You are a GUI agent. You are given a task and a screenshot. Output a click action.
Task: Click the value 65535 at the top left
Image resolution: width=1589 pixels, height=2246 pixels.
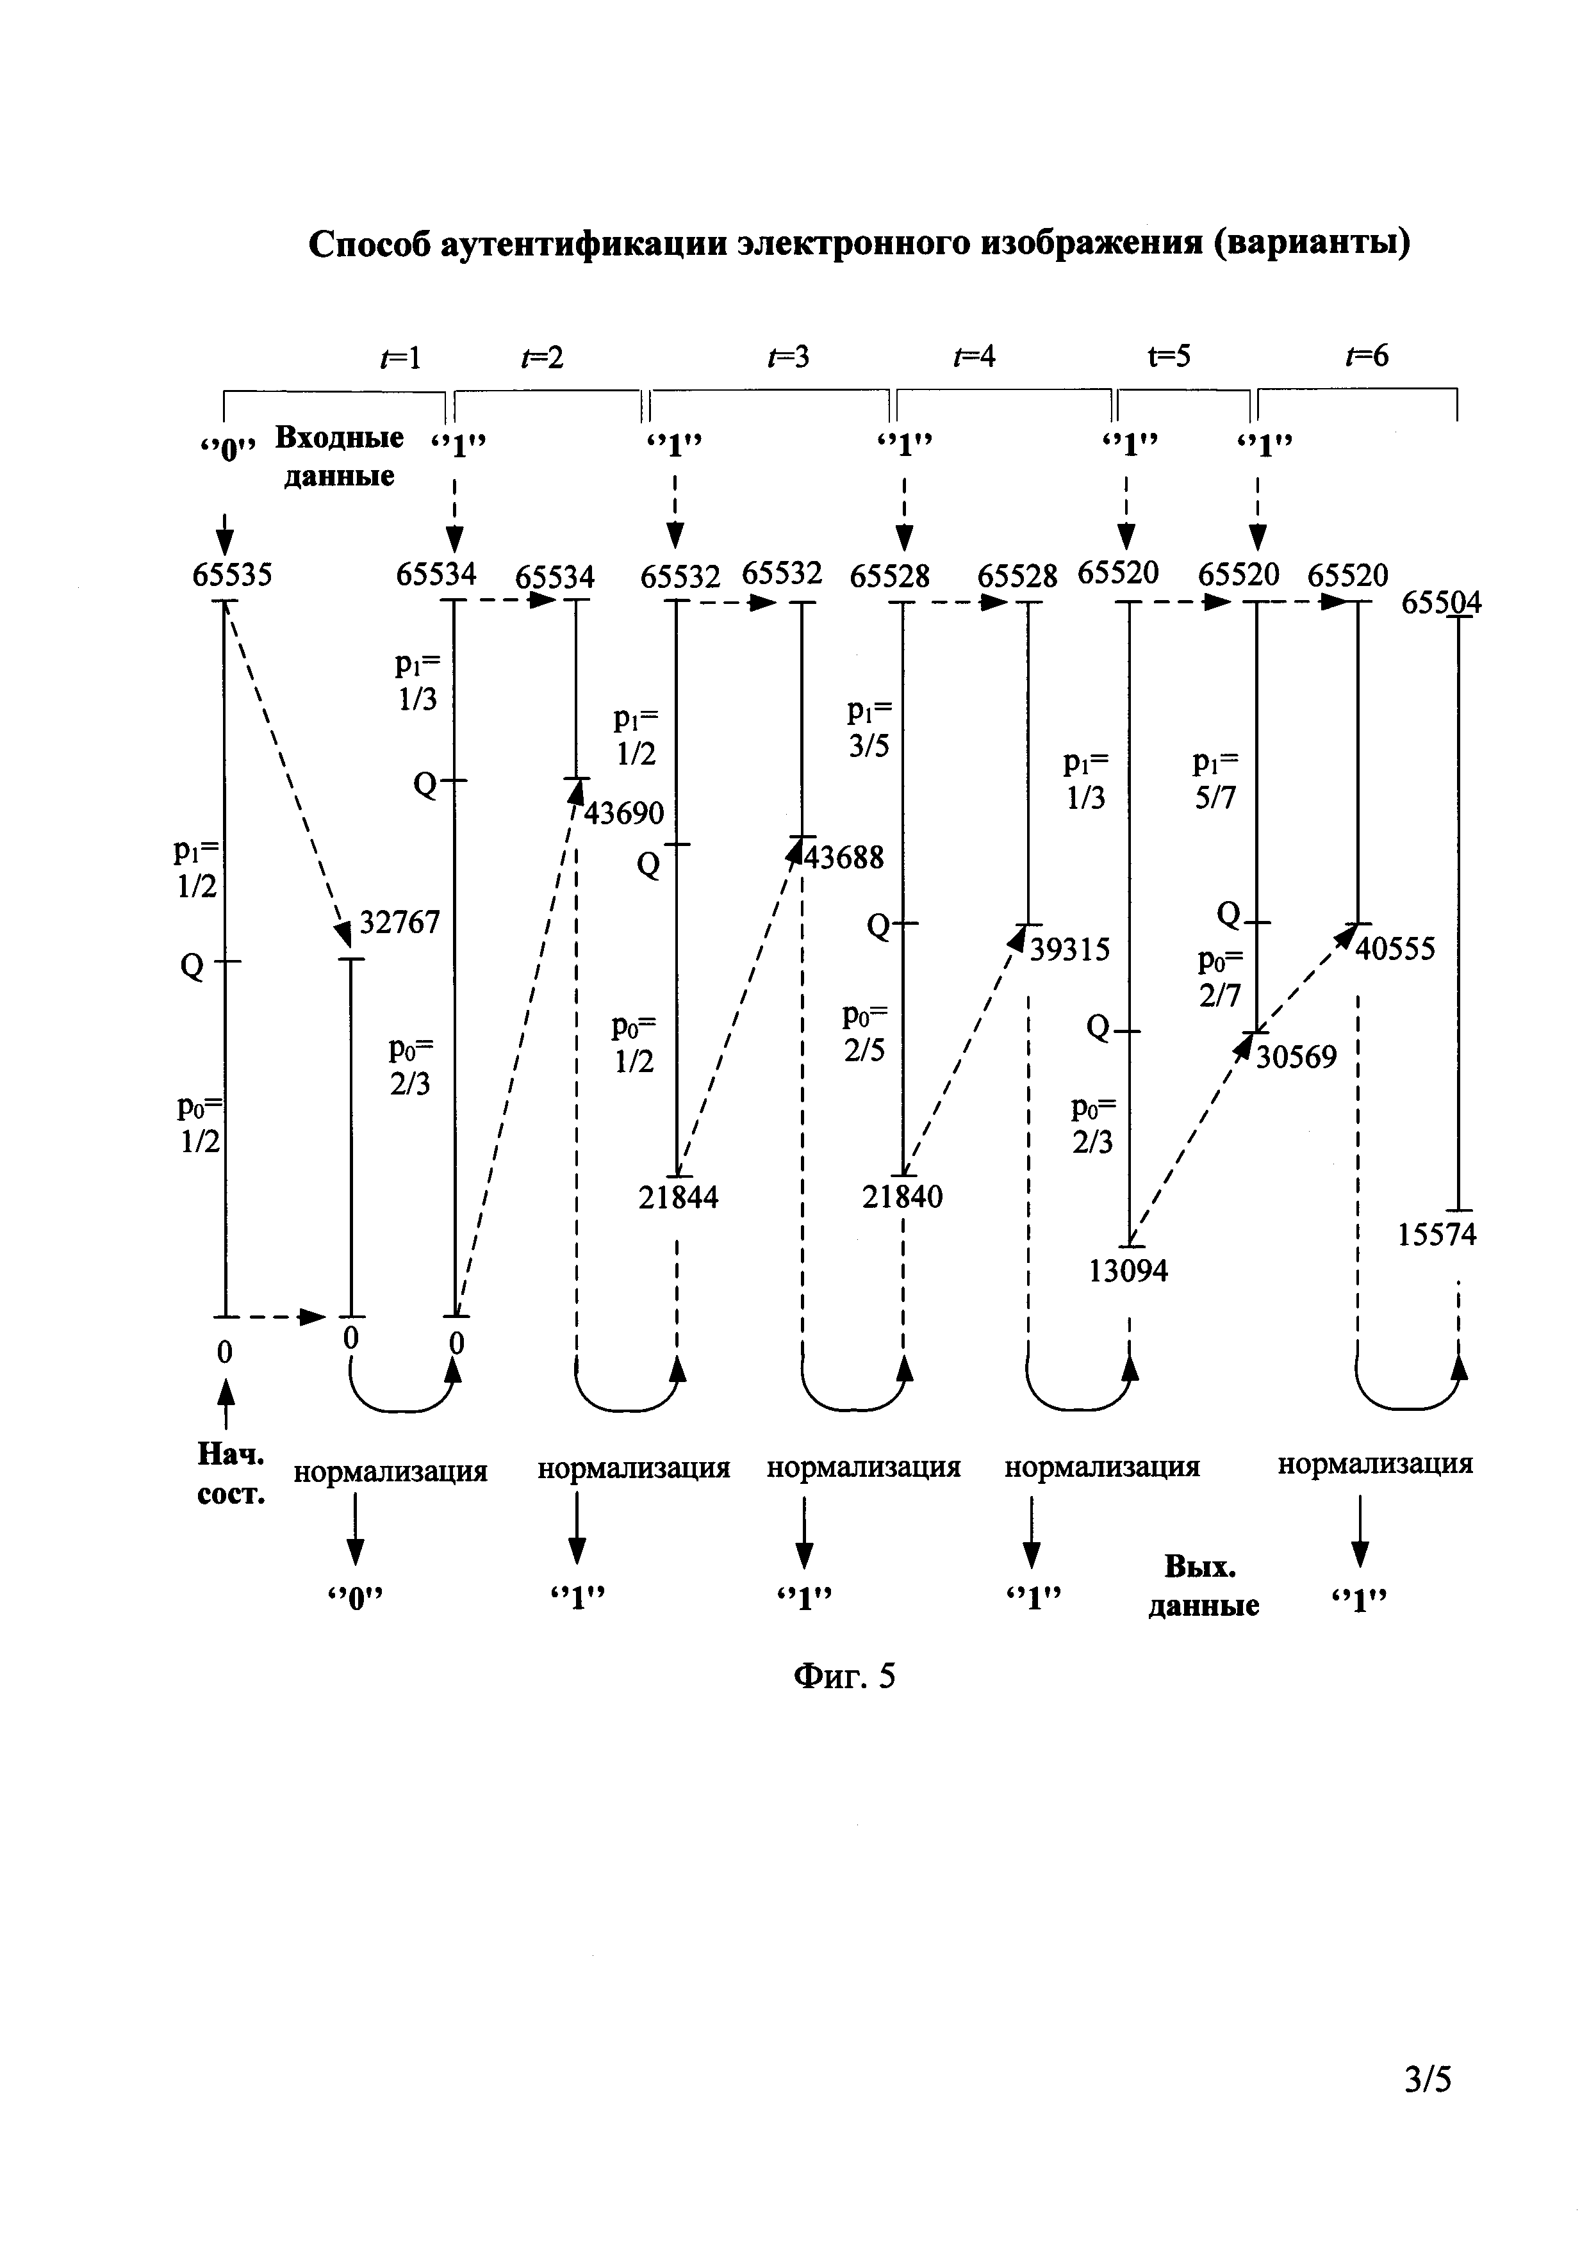point(232,574)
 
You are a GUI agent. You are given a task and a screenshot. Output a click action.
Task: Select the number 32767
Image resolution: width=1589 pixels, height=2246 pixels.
point(400,922)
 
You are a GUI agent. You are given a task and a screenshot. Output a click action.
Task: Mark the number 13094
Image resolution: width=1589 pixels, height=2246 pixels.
point(1128,1271)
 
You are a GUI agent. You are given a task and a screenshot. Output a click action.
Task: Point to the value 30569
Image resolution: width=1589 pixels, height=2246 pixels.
point(1296,1057)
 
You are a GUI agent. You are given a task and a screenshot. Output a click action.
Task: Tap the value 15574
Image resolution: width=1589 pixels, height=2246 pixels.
point(1437,1235)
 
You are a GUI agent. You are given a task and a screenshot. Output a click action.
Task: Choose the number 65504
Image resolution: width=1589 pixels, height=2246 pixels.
point(1441,603)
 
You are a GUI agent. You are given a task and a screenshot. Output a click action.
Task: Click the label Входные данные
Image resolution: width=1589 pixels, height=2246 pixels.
point(338,456)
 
